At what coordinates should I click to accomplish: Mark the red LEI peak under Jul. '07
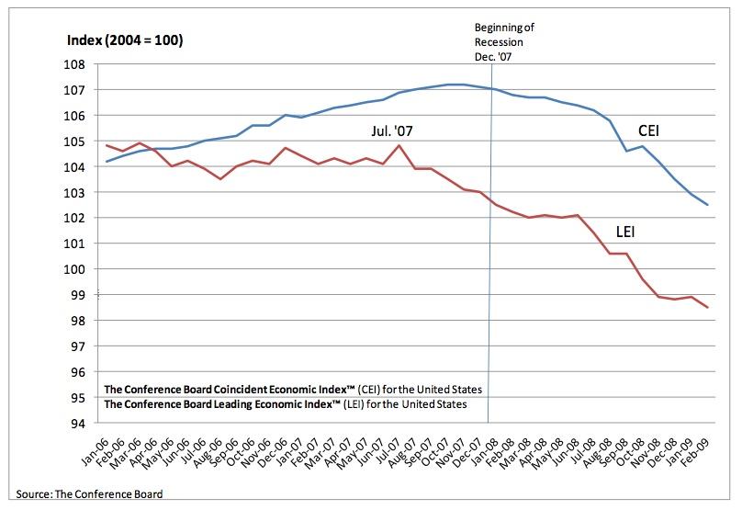399,145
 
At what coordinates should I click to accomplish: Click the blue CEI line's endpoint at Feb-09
707,205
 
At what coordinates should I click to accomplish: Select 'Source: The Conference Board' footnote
89,494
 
